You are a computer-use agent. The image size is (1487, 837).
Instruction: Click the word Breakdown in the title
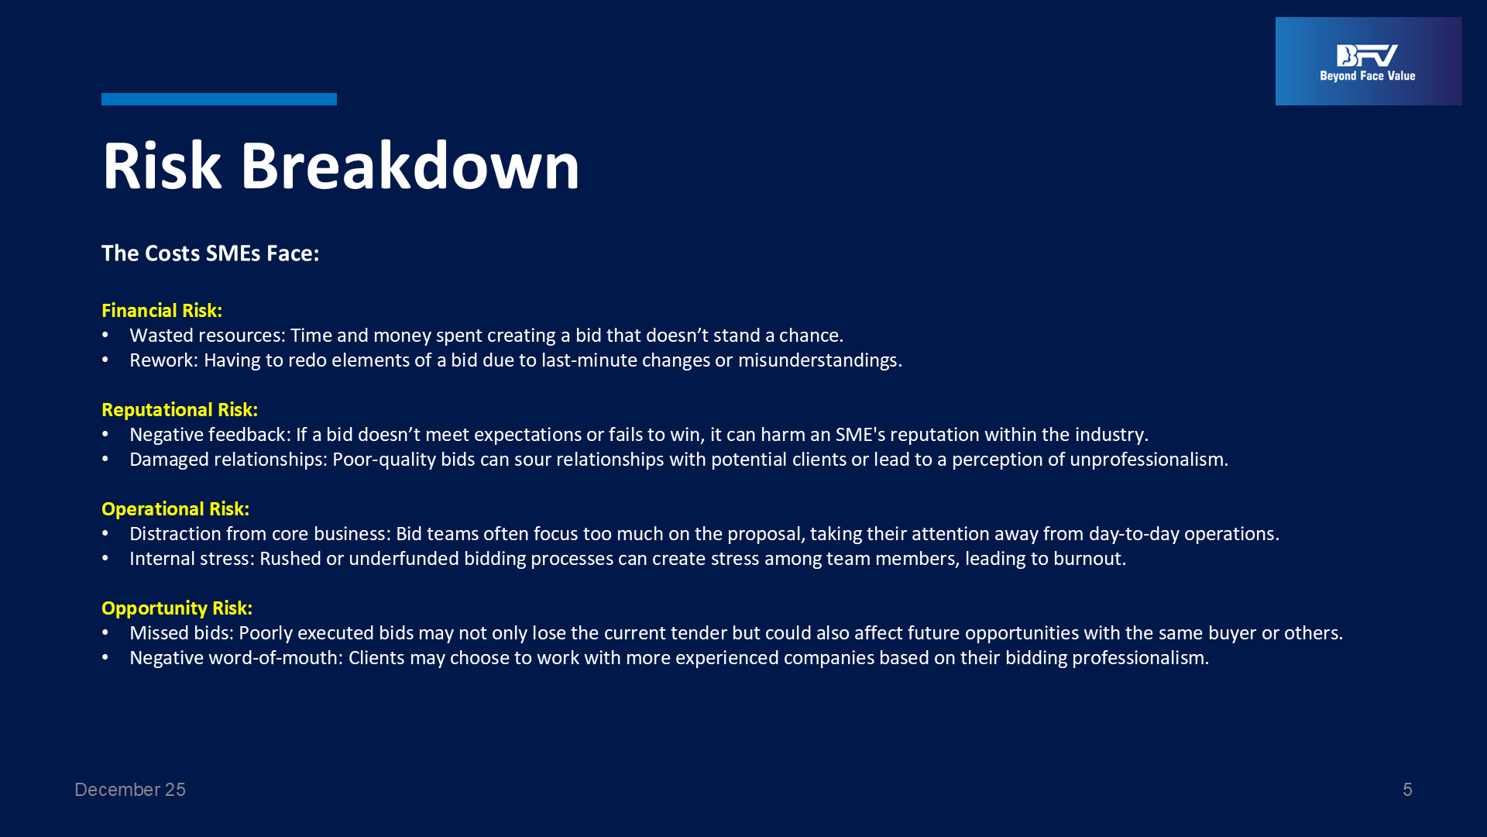(410, 166)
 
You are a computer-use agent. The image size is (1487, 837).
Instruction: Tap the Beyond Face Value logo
(1369, 61)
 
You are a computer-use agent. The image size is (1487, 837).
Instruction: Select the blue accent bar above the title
(219, 99)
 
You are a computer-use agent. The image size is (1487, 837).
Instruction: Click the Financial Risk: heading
(162, 311)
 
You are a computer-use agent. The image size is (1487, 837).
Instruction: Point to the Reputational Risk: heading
(180, 410)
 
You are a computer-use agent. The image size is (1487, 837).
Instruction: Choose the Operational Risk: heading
(176, 509)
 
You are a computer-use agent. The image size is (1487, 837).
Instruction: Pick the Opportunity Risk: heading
(177, 608)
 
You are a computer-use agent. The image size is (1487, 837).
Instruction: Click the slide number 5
(1407, 790)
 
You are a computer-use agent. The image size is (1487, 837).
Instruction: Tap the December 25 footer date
(130, 790)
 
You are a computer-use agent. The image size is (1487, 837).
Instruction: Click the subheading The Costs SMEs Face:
(211, 253)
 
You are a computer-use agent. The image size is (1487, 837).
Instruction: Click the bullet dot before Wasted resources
(105, 336)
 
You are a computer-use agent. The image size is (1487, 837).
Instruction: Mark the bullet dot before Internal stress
(105, 559)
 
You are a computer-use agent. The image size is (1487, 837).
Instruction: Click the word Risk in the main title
(162, 166)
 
